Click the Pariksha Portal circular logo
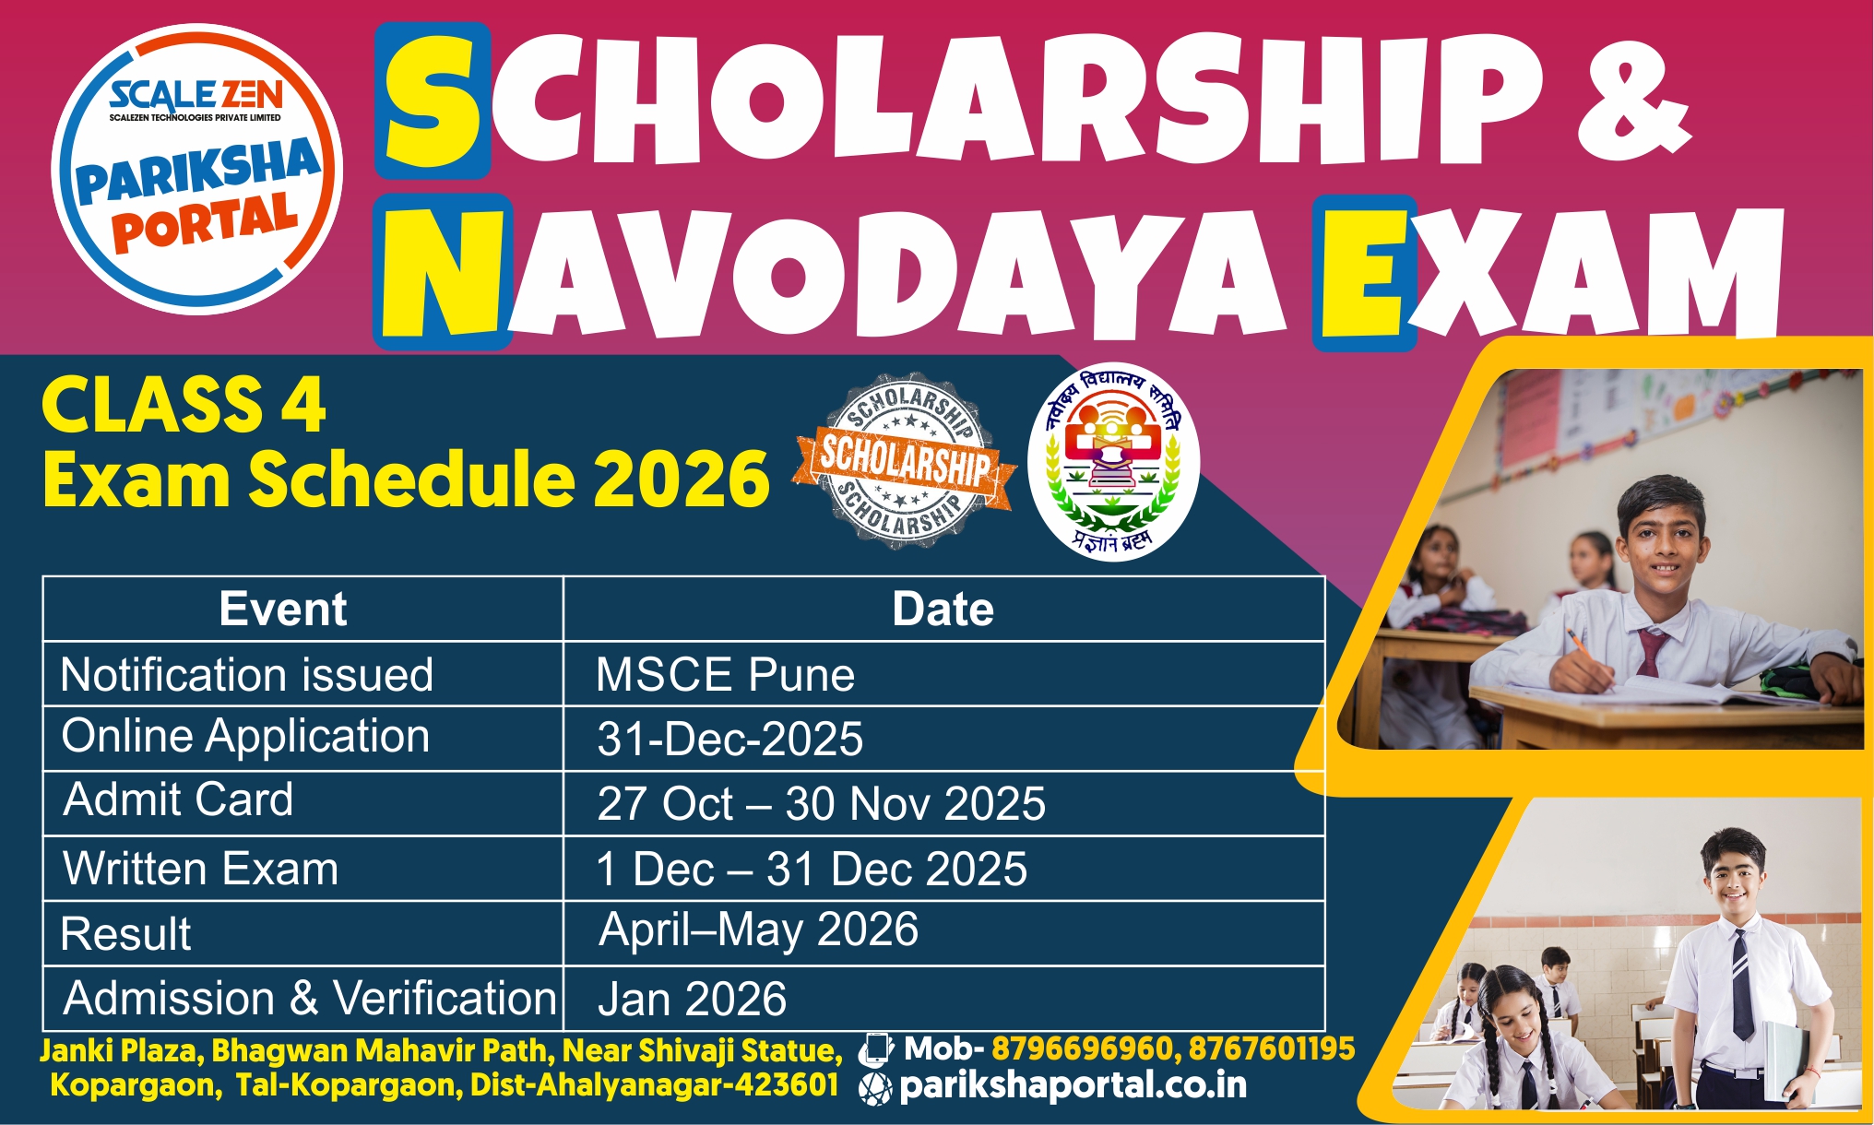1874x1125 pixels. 197,169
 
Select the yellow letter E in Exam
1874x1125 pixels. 1364,272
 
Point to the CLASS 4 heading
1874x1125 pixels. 184,405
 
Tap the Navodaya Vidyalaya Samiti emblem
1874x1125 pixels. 1113,461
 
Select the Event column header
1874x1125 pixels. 283,610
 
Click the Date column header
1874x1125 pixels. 943,610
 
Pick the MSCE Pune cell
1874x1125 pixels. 725,674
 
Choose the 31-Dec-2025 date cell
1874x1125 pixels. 729,739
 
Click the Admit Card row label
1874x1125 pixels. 178,799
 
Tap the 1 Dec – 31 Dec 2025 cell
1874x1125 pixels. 812,869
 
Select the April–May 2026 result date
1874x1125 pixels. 759,930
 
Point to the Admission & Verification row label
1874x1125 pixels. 310,999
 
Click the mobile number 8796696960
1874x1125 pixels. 1082,1048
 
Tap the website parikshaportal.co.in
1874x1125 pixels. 1073,1086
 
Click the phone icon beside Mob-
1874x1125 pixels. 875,1049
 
